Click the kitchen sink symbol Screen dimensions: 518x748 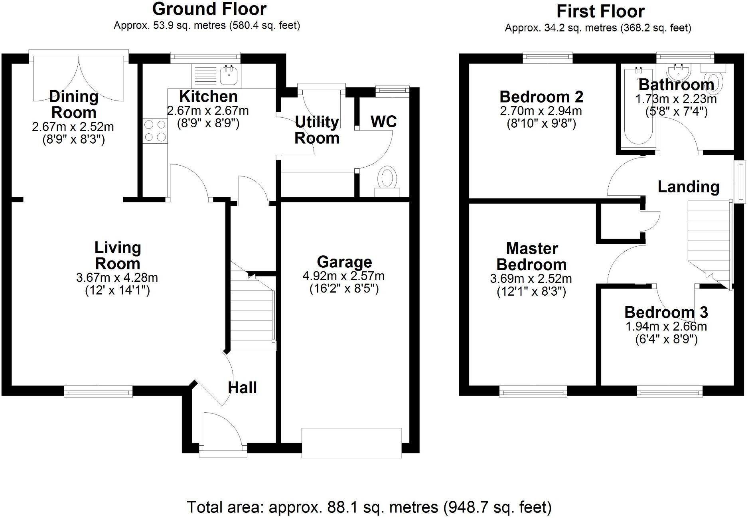(x=229, y=75)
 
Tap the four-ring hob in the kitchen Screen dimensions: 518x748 (x=155, y=131)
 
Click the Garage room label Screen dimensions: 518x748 (x=344, y=262)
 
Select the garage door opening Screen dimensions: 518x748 (x=351, y=443)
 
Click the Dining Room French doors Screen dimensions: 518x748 (x=79, y=78)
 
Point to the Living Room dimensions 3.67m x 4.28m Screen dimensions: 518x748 (x=117, y=278)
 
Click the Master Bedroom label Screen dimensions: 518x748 (x=531, y=257)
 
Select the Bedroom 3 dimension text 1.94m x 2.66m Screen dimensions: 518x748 (x=666, y=326)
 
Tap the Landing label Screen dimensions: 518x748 (x=688, y=187)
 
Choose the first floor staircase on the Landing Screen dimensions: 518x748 (x=708, y=239)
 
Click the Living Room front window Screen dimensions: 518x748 (x=98, y=391)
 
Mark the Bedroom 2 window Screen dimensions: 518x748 (x=548, y=58)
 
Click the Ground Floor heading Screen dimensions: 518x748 (x=209, y=9)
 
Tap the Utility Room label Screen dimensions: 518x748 (x=317, y=130)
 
